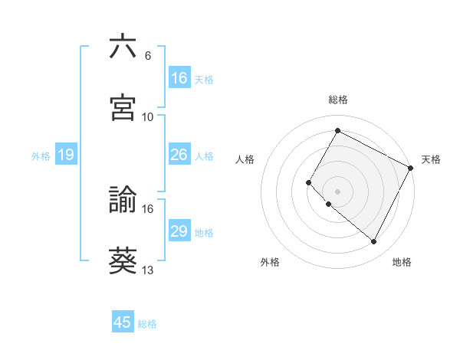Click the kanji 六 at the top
click(123, 47)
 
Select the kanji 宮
click(123, 107)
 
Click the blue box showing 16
click(179, 77)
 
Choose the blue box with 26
click(179, 155)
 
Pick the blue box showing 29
click(179, 231)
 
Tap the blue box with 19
click(66, 155)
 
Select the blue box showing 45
click(123, 322)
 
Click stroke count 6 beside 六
click(147, 56)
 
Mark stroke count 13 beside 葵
click(147, 270)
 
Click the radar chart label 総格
click(338, 100)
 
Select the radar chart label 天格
click(431, 159)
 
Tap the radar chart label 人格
click(245, 159)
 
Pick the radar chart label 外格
click(270, 262)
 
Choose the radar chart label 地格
click(402, 262)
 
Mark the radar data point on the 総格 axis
click(337, 130)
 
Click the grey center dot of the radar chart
click(337, 191)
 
